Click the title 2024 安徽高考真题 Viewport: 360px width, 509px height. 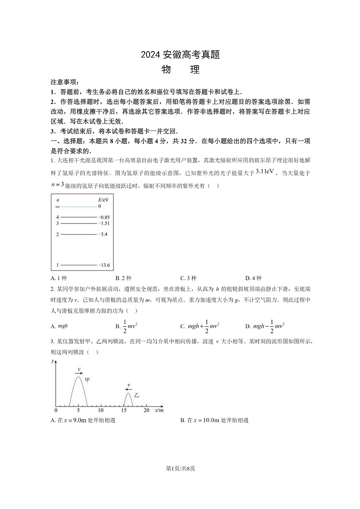(180, 55)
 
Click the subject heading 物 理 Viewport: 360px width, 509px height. (180, 70)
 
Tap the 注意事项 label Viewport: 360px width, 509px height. (64, 82)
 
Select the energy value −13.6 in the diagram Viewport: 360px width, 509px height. (104, 265)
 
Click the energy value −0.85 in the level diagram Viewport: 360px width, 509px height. (104, 218)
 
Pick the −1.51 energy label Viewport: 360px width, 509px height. (104, 223)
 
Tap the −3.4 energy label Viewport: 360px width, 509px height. (103, 234)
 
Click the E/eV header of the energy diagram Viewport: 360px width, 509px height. (103, 199)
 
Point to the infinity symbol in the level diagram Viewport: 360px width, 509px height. (58, 207)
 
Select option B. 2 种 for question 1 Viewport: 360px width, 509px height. (123, 278)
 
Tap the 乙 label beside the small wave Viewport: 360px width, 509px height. (136, 396)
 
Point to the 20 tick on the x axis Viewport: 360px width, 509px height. (146, 410)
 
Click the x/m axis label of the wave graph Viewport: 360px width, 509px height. (159, 410)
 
